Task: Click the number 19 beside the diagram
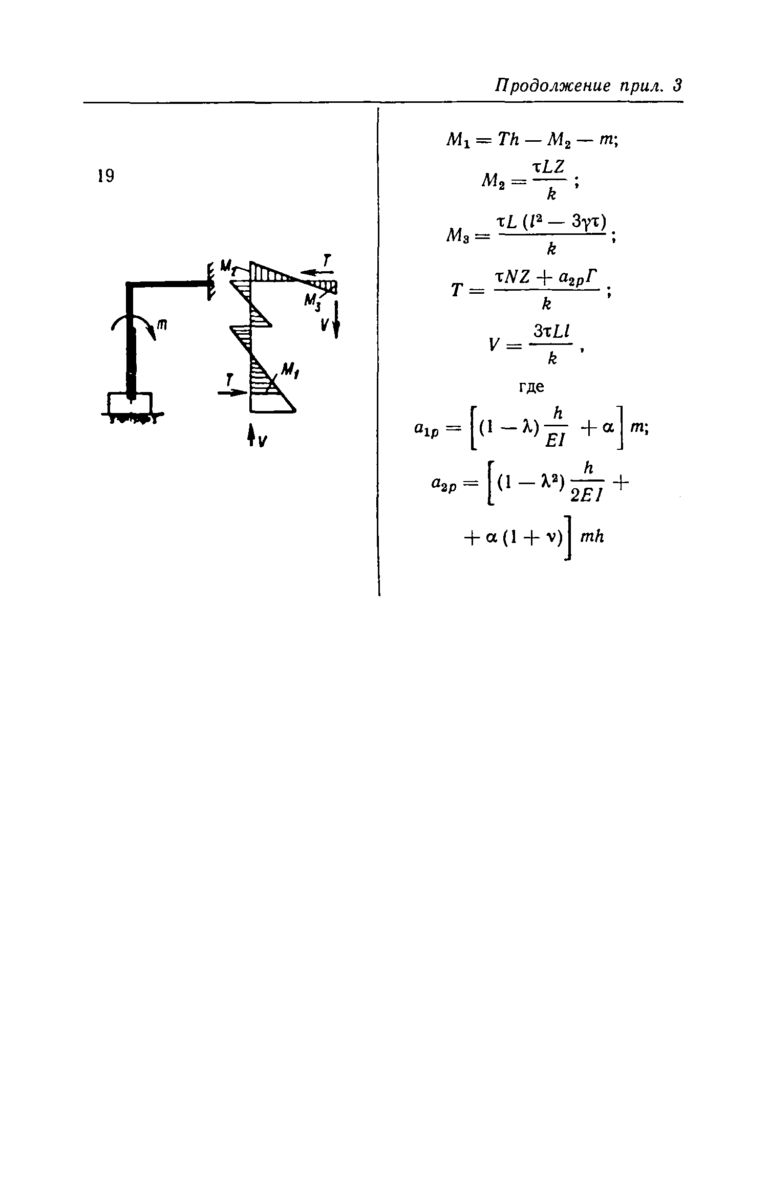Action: [x=106, y=176]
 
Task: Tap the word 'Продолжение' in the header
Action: [x=552, y=85]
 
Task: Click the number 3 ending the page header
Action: [x=677, y=85]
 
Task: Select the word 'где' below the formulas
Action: [x=531, y=386]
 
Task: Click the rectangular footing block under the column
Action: [x=130, y=403]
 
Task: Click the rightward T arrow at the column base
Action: [x=231, y=392]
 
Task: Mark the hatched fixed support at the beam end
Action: [x=210, y=282]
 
